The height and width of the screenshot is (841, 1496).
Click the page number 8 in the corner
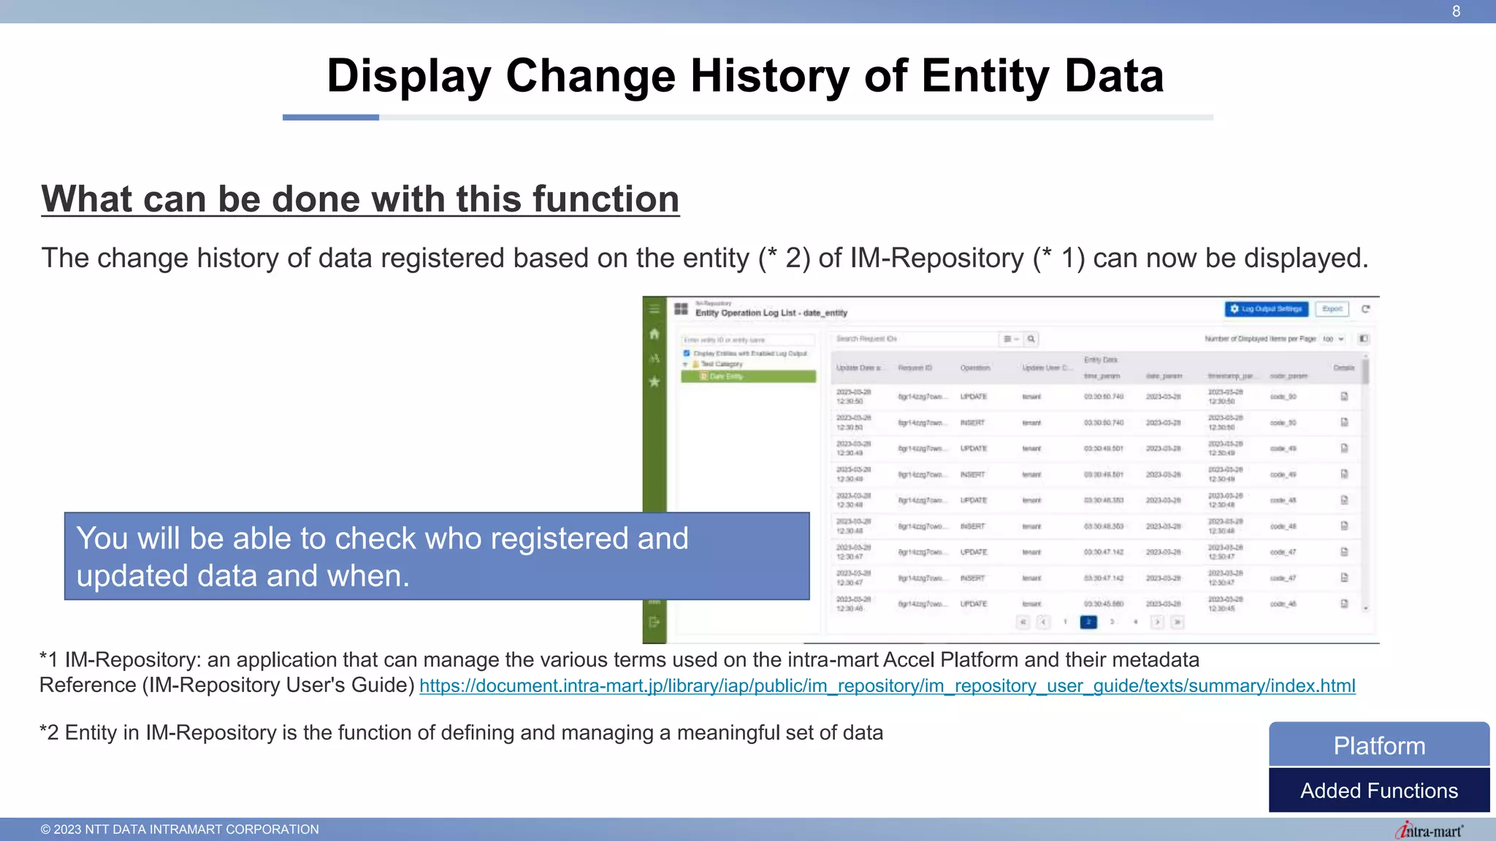tap(1456, 12)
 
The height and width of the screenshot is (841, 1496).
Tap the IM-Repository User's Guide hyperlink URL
tap(887, 686)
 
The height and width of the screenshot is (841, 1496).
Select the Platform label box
tap(1379, 745)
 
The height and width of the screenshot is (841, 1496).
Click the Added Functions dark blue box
tap(1379, 791)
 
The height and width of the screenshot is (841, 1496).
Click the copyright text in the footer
tap(180, 829)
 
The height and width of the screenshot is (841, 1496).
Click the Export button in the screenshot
tap(1332, 310)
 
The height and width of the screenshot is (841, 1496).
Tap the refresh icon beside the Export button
tap(1365, 310)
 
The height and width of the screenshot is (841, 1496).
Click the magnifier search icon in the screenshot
tap(1031, 339)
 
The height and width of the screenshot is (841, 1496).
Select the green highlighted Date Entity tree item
tap(748, 377)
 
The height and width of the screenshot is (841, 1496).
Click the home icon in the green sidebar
tap(654, 334)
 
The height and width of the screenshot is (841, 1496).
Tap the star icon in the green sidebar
tap(654, 382)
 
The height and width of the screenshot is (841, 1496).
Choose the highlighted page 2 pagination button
tap(1088, 622)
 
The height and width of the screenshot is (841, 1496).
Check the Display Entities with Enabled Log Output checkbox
tap(687, 353)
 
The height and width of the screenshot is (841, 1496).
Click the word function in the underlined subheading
tap(606, 199)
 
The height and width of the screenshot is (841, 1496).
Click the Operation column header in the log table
tap(974, 368)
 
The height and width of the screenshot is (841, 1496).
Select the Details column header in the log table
tap(1343, 368)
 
